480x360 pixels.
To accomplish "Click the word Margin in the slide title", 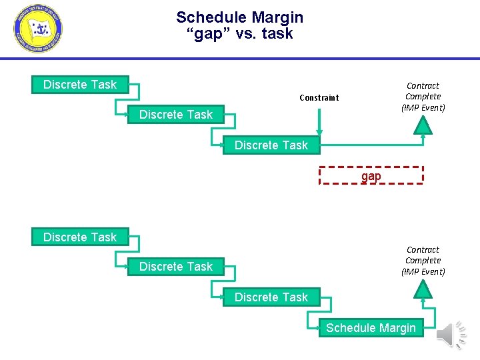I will [x=275, y=17].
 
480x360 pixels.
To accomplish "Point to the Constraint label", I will [x=319, y=98].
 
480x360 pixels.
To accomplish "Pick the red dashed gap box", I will [x=371, y=175].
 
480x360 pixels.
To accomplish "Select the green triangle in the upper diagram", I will [x=423, y=125].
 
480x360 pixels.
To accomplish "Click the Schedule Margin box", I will [x=371, y=327].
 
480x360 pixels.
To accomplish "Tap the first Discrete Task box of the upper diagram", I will [x=80, y=85].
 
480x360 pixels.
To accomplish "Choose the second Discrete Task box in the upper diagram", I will [x=176, y=115].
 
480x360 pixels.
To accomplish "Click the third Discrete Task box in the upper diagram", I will [x=271, y=145].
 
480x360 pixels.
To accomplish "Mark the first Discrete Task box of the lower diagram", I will [x=80, y=237].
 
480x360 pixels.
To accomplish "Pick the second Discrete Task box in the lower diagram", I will [x=176, y=267].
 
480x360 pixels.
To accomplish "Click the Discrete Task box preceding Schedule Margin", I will [x=271, y=297].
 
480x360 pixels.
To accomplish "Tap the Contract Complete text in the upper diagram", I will [x=423, y=96].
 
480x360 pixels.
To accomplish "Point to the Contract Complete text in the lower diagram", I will [x=423, y=260].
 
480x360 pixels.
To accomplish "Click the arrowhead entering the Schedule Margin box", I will [x=315, y=327].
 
